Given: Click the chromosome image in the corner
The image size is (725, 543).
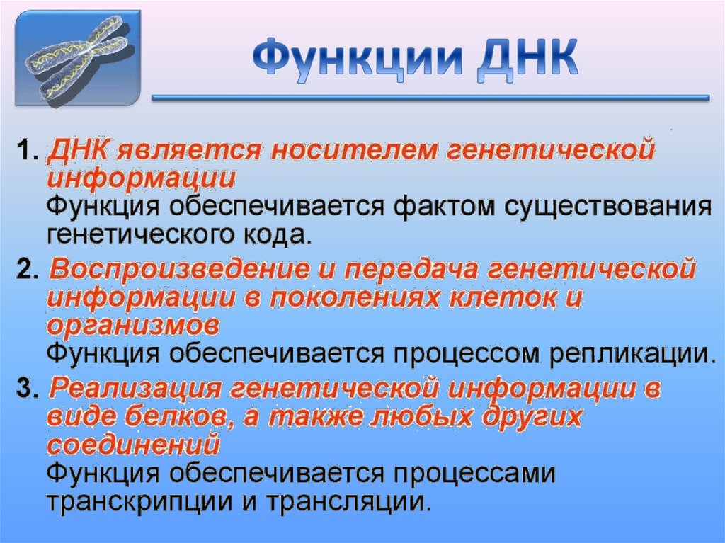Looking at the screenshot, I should pyautogui.click(x=77, y=58).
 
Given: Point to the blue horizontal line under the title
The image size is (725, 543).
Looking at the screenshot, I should pyautogui.click(x=430, y=98).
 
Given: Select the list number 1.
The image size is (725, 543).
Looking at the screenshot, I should pyautogui.click(x=25, y=152).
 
